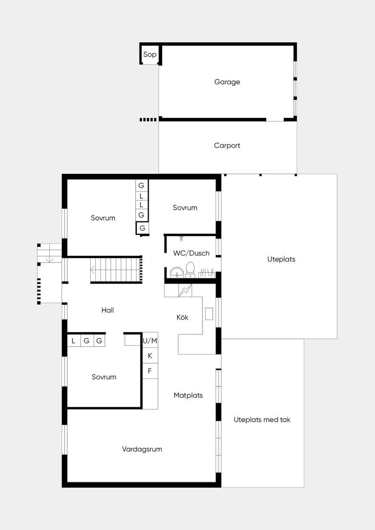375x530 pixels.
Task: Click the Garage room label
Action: pos(227,82)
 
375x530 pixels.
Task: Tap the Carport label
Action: pos(227,145)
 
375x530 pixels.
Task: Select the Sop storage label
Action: pos(150,54)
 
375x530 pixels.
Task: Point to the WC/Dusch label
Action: pos(191,253)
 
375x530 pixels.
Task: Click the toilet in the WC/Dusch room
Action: pos(191,270)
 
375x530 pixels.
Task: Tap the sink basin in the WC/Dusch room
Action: pos(177,272)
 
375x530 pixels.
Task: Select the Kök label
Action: pos(182,317)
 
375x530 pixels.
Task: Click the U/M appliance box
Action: pos(150,341)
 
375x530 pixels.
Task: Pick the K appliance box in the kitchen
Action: pos(150,356)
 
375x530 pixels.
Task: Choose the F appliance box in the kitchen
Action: pos(150,371)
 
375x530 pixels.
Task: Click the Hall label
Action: pos(108,310)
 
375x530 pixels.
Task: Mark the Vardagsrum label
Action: pos(142,449)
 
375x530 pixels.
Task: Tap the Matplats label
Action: pos(188,395)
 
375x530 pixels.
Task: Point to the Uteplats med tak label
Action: pos(262,420)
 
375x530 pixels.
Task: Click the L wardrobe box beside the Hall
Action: pos(74,341)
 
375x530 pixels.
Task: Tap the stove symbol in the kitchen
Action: pos(185,290)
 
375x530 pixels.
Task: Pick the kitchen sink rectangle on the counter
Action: pos(209,314)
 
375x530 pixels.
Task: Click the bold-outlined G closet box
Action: pos(142,228)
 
